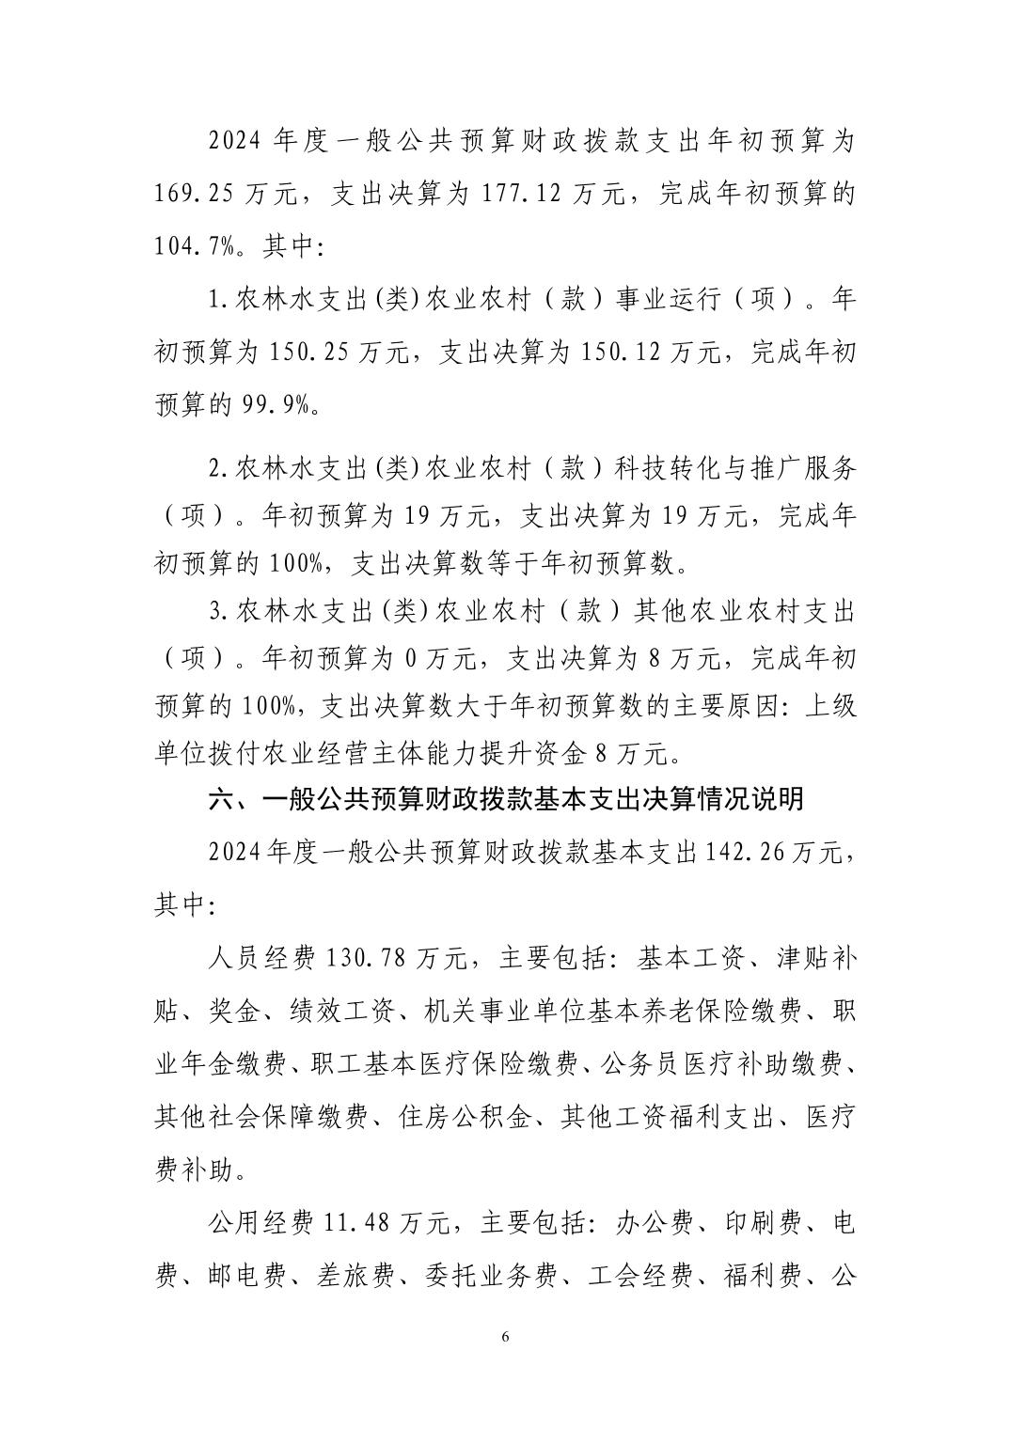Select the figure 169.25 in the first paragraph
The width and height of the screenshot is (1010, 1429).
pyautogui.click(x=195, y=195)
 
